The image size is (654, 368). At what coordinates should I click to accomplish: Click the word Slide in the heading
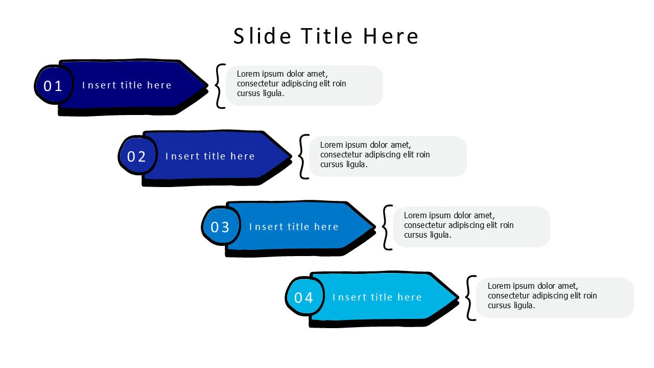tap(262, 36)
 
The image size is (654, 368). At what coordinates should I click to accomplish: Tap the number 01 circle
tap(54, 85)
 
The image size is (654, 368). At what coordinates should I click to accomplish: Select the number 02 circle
tap(137, 155)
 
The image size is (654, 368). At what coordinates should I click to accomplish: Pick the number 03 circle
tap(221, 226)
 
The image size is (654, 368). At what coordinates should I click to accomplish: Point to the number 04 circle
tap(305, 296)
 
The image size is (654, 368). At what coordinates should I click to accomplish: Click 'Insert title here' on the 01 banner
tap(126, 85)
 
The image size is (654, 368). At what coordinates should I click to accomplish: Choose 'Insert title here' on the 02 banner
tap(210, 156)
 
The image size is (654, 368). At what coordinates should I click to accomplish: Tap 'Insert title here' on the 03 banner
tap(294, 226)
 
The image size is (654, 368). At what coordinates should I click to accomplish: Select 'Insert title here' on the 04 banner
tap(377, 297)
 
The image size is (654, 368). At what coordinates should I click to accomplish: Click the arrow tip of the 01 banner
tap(207, 85)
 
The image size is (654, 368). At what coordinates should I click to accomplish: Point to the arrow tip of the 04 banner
tap(458, 297)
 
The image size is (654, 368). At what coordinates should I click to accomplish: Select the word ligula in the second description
tap(357, 165)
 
